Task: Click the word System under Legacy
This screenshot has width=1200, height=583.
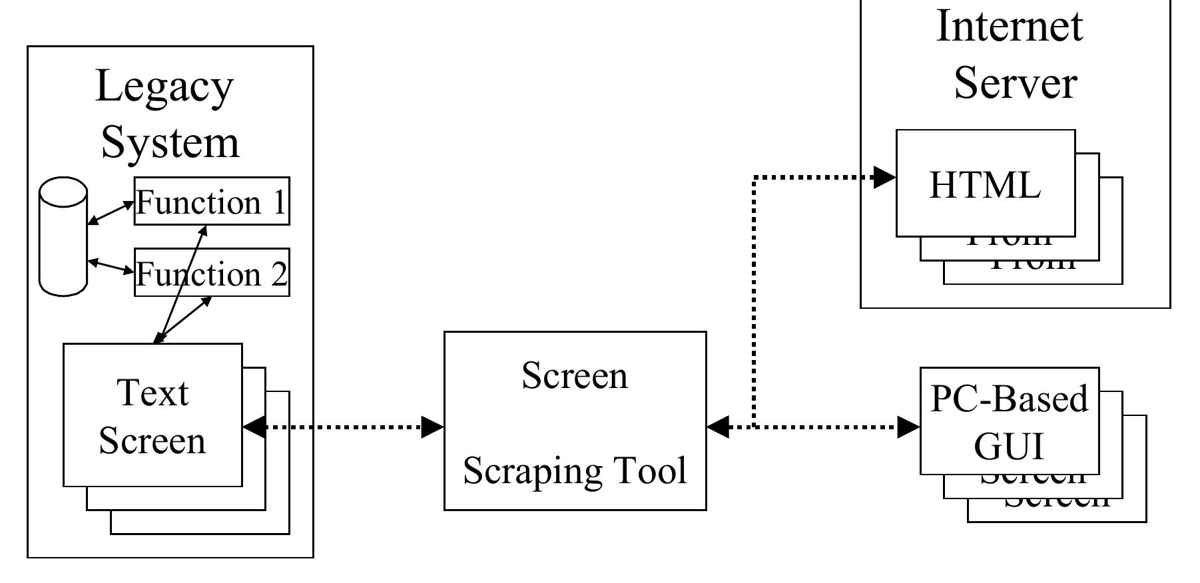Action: [170, 143]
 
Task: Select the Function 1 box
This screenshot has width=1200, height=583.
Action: [212, 202]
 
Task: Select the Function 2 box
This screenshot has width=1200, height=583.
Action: [212, 273]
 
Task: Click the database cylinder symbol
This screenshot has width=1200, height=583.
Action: [63, 236]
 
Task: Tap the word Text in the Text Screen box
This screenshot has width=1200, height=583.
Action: [152, 393]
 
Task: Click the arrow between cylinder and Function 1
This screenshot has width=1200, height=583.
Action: [111, 213]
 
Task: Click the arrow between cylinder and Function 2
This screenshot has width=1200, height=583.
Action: [111, 266]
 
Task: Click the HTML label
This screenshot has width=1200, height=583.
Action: [984, 185]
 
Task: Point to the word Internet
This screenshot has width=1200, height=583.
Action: [1010, 27]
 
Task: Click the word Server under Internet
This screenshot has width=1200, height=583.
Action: [1015, 83]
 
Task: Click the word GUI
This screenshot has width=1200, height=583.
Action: [1008, 446]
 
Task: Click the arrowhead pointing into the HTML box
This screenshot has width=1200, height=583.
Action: [884, 177]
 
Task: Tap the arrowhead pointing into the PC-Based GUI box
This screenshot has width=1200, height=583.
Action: [908, 427]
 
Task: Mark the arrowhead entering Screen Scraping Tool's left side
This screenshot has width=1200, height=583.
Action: [433, 427]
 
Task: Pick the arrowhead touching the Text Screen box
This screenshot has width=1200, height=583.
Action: [254, 427]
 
